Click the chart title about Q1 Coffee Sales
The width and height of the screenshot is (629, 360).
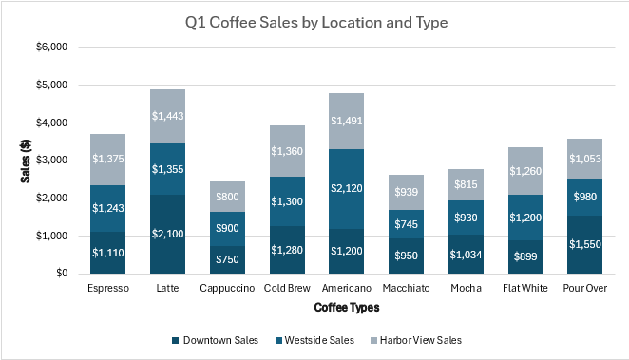coord(314,22)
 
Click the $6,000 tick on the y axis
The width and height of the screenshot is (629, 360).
coord(51,47)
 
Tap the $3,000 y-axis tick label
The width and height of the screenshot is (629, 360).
coord(51,161)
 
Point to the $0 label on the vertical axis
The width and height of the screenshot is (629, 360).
coord(59,274)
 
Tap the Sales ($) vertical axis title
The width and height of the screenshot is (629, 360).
coord(25,161)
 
